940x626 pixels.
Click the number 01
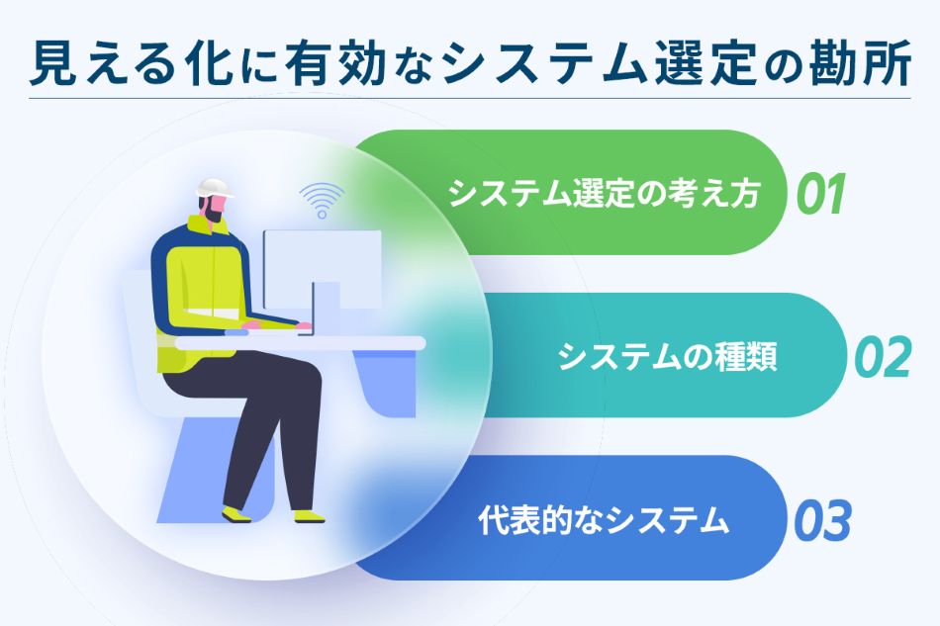coord(820,194)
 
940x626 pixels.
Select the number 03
coord(821,521)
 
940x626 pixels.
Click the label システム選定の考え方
coord(605,194)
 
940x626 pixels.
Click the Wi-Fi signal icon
coord(318,200)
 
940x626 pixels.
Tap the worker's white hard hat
coord(212,188)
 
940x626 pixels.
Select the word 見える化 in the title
coord(112,64)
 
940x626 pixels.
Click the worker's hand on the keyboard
coord(253,325)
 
